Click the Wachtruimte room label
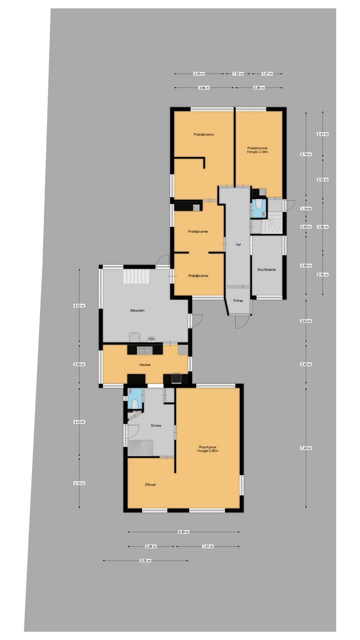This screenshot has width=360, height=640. click(x=266, y=269)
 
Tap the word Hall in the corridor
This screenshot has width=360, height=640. click(x=238, y=244)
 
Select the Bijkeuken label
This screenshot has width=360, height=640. click(x=137, y=310)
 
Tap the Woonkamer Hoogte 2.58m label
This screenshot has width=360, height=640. click(x=208, y=448)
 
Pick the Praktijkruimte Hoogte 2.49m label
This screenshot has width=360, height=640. click(x=257, y=150)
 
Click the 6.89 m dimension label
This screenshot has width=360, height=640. click(x=183, y=531)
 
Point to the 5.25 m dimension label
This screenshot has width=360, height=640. click(x=144, y=560)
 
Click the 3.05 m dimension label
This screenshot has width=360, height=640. click(x=198, y=73)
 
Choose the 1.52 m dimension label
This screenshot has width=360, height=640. click(x=237, y=73)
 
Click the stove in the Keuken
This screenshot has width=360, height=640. click(x=176, y=378)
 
